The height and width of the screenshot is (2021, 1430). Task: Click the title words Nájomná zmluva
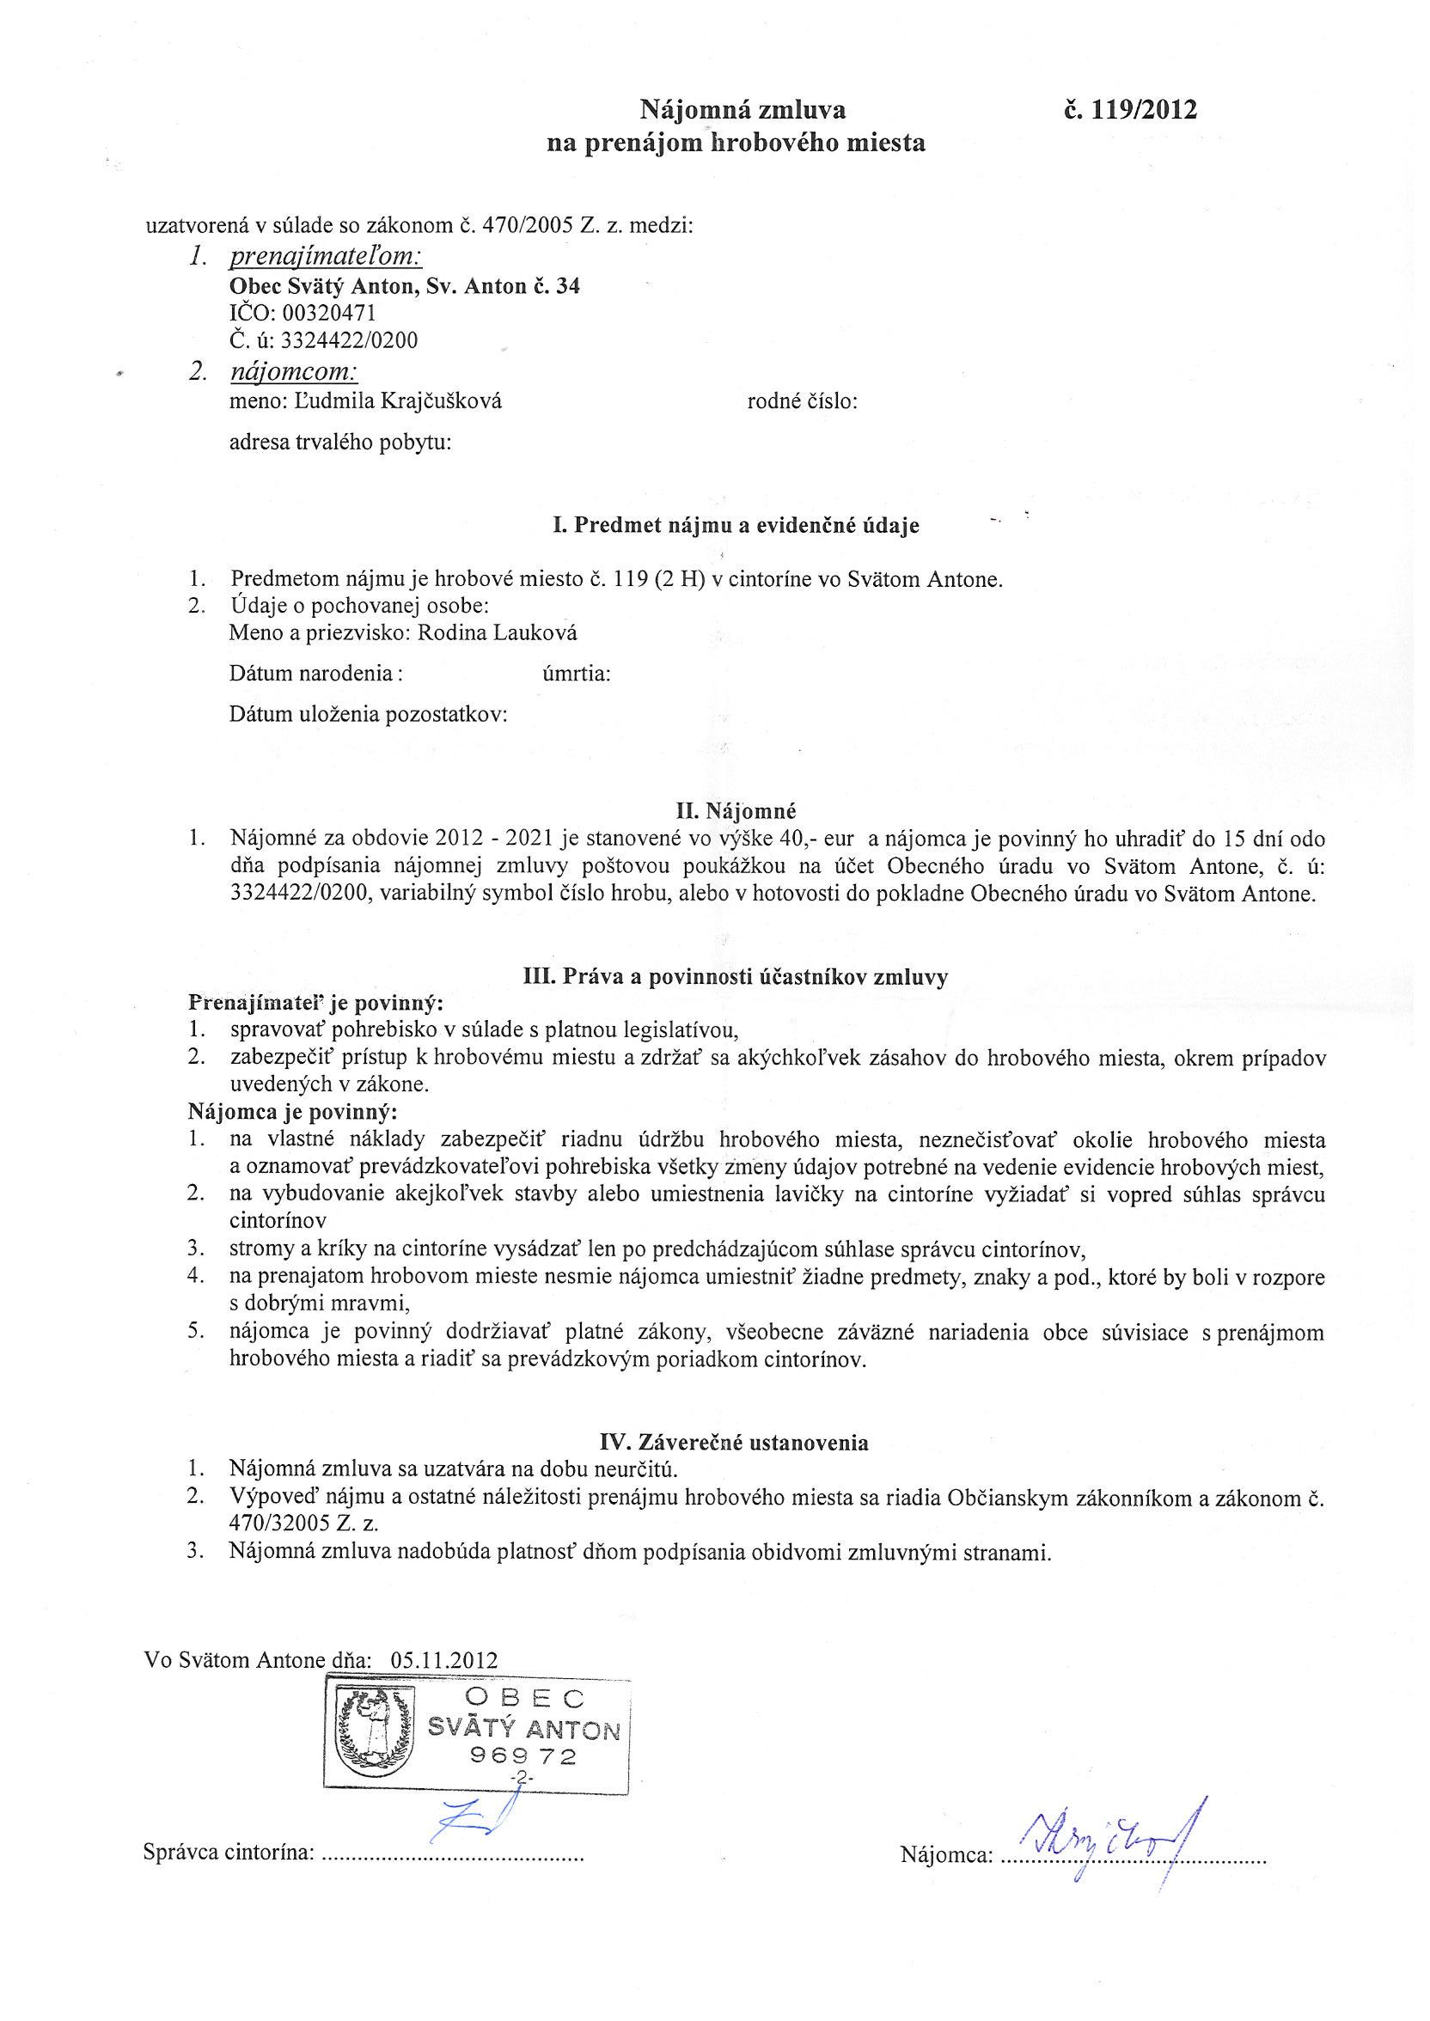(x=742, y=110)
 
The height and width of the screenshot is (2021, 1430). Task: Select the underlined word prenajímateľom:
(x=326, y=257)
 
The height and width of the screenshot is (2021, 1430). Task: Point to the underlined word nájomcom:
(x=294, y=372)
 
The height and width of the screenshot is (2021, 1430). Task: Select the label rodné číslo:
(x=802, y=402)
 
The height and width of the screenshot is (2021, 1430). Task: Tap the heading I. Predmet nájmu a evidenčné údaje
(x=736, y=526)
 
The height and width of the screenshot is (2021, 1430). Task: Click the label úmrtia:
(x=577, y=675)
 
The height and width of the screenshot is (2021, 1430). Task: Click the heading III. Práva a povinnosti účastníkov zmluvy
(x=736, y=977)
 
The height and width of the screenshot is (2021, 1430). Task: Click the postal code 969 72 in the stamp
(x=523, y=1757)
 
